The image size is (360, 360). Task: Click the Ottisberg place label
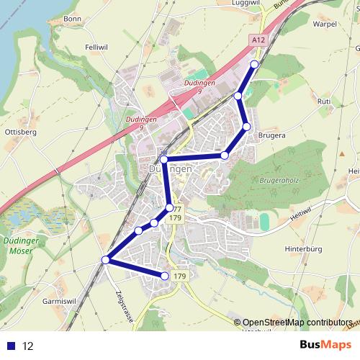[20, 132]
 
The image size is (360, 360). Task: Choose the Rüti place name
[324, 102]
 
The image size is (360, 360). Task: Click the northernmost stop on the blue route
[254, 64]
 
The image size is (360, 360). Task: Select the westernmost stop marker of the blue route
[106, 259]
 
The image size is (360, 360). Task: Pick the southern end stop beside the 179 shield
[166, 276]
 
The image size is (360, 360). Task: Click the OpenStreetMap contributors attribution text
[297, 323]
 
